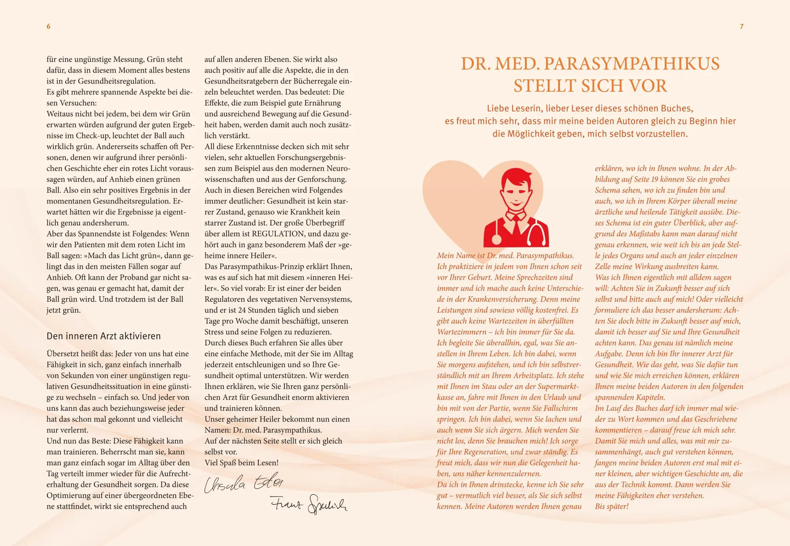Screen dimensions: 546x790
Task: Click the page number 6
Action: (x=48, y=26)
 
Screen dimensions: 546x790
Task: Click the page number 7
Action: (x=741, y=26)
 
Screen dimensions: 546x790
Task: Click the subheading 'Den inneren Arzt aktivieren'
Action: (x=103, y=336)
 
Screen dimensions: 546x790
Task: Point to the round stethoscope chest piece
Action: (x=496, y=239)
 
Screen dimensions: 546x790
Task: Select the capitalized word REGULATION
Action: (x=282, y=234)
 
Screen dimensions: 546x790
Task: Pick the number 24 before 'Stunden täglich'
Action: (x=242, y=310)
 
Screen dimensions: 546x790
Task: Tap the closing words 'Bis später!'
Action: (x=611, y=506)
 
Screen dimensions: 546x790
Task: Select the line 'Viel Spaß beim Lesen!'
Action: (x=241, y=463)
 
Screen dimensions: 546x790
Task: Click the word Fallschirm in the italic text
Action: (x=561, y=409)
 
